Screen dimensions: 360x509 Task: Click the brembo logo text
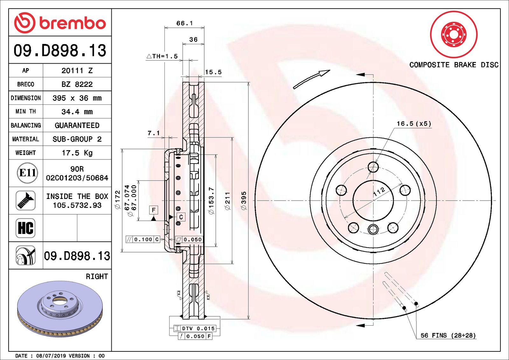(x=72, y=23)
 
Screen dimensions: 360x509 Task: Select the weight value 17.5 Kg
(x=77, y=153)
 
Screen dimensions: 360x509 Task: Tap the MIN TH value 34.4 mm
(x=77, y=112)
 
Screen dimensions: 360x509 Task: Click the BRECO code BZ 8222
(x=77, y=84)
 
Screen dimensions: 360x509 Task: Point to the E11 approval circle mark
(x=27, y=173)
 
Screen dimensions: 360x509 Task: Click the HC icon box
(x=25, y=228)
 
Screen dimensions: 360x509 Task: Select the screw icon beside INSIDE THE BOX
(x=25, y=200)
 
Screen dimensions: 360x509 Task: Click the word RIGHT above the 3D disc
(x=97, y=276)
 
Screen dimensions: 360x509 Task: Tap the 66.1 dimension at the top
(x=185, y=23)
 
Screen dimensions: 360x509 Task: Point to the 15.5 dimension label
(x=213, y=72)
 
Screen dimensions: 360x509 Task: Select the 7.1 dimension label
(x=154, y=133)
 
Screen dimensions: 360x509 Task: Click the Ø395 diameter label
(x=244, y=201)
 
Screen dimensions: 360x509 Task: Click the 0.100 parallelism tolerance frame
(x=143, y=239)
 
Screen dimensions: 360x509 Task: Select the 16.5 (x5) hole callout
(x=414, y=124)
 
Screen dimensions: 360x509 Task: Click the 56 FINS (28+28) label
(x=448, y=335)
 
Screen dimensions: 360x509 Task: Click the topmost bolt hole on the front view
(x=373, y=166)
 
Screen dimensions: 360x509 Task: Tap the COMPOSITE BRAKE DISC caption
(x=454, y=65)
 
